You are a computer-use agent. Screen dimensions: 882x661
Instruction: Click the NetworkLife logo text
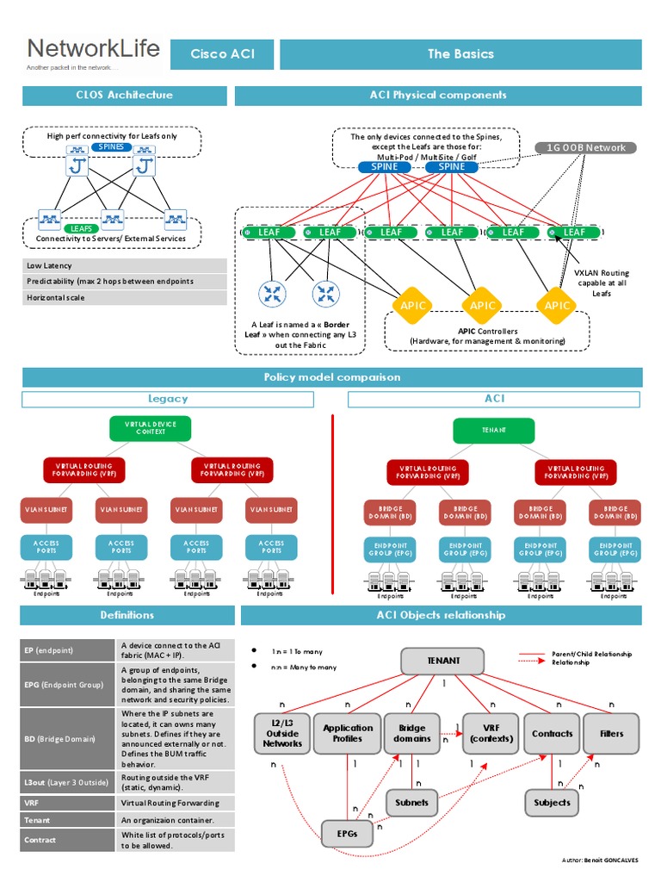click(x=93, y=48)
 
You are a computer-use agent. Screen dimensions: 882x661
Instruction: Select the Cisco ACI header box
click(x=221, y=54)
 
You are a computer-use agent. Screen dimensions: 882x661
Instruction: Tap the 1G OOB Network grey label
click(x=587, y=147)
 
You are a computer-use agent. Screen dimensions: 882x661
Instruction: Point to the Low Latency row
click(x=124, y=266)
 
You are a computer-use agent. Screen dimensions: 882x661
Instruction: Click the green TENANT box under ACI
click(x=494, y=430)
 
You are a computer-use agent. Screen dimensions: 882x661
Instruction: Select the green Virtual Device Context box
click(x=150, y=428)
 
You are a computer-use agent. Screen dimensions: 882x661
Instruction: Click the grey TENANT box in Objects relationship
click(x=443, y=661)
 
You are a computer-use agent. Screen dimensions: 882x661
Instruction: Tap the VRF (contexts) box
click(x=491, y=733)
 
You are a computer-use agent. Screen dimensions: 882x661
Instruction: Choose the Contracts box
click(x=552, y=733)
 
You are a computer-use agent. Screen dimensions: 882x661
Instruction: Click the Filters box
click(x=611, y=733)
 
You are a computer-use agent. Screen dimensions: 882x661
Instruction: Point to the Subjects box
click(x=552, y=802)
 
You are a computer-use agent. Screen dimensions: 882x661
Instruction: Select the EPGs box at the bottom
click(x=348, y=833)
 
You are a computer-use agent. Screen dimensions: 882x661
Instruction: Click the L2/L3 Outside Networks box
click(x=282, y=733)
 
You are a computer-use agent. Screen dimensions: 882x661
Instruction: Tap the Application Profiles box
click(x=348, y=733)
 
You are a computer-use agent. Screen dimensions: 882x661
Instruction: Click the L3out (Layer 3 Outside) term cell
click(x=68, y=782)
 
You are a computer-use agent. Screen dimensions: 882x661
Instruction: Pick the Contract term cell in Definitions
click(x=68, y=840)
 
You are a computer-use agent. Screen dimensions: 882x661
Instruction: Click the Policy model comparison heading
click(x=331, y=377)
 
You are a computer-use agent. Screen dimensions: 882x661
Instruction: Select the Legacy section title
click(x=168, y=399)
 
